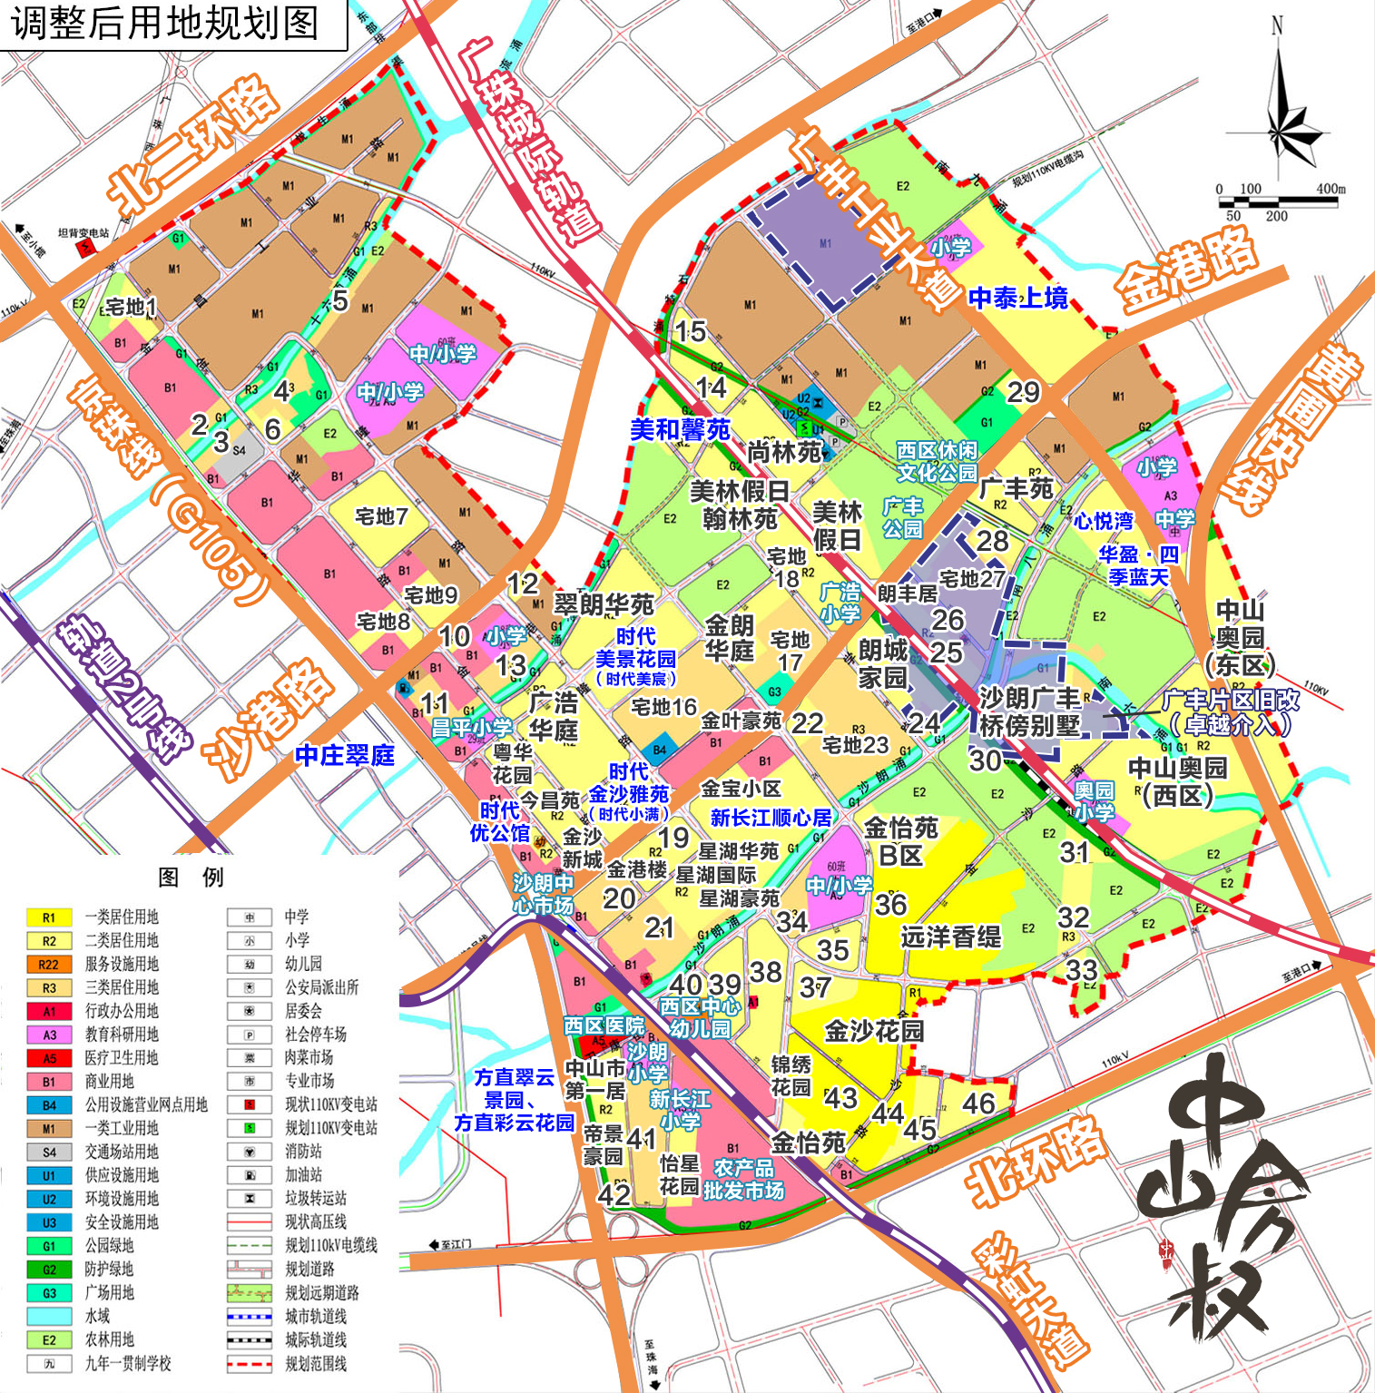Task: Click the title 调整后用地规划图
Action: (x=166, y=24)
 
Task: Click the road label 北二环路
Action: (x=191, y=145)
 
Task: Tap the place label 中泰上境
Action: (x=1017, y=298)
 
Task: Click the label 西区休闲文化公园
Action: (x=937, y=461)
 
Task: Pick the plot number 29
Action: (x=1023, y=392)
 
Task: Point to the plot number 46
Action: (x=978, y=1104)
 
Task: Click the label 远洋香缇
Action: (x=950, y=937)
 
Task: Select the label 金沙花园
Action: (x=873, y=1030)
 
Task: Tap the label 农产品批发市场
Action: (x=743, y=1179)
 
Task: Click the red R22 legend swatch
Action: (x=49, y=965)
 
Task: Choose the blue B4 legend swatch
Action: (x=49, y=1105)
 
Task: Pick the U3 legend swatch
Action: (x=49, y=1223)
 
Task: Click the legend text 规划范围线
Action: (x=316, y=1364)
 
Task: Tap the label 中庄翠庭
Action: (x=345, y=755)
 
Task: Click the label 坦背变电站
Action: (x=83, y=233)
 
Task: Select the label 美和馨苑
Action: (x=680, y=429)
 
